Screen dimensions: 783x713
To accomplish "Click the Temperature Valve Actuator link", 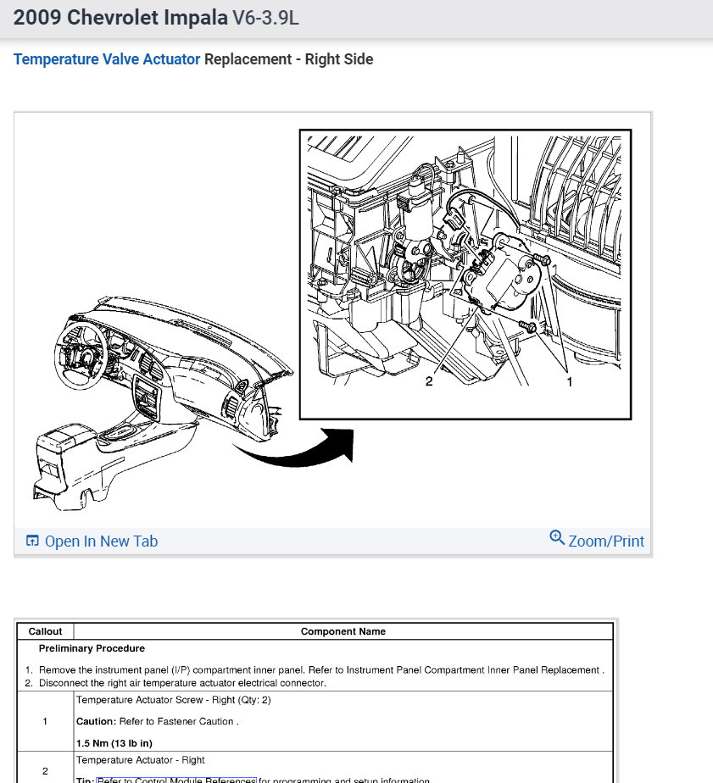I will coord(107,59).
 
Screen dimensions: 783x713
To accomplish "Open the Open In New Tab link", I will coord(100,541).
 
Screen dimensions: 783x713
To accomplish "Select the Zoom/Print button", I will coord(605,541).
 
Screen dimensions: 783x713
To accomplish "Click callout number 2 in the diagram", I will coord(429,381).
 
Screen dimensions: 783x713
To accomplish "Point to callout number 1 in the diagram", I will coord(569,381).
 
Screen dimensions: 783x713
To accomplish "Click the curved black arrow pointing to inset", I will coord(297,454).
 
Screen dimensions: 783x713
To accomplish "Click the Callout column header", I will coord(46,631).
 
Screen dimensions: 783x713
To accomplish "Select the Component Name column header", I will coord(343,631).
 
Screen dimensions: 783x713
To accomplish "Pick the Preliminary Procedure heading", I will coord(92,648).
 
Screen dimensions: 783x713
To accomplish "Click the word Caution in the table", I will coord(94,722).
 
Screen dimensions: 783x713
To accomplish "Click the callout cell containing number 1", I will coord(45,721).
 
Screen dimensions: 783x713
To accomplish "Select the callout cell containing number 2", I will coord(45,770).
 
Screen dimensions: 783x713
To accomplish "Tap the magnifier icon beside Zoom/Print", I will coord(557,537).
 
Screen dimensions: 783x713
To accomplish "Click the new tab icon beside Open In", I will coord(32,541).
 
